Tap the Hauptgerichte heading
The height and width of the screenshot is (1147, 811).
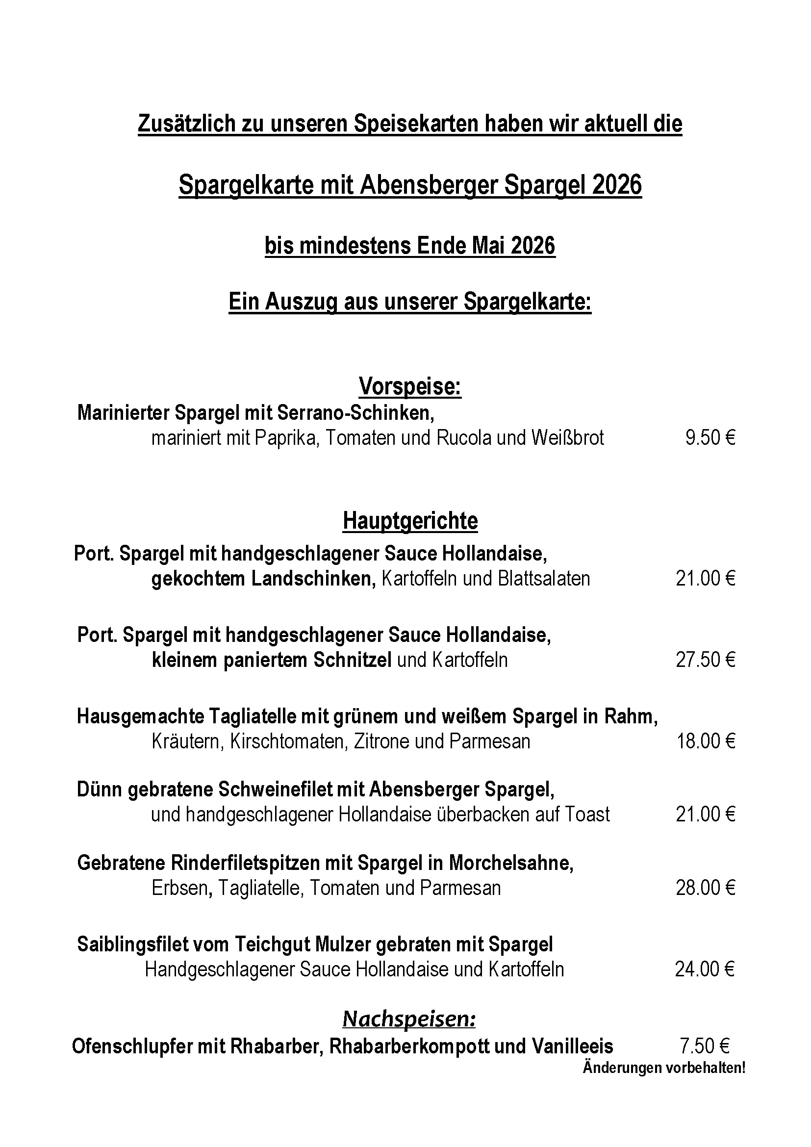click(410, 521)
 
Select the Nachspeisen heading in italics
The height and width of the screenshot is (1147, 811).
click(408, 1019)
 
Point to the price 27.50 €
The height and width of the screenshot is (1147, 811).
click(705, 660)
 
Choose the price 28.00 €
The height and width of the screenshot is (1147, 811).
click(705, 888)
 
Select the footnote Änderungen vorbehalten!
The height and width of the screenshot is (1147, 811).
click(664, 1068)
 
